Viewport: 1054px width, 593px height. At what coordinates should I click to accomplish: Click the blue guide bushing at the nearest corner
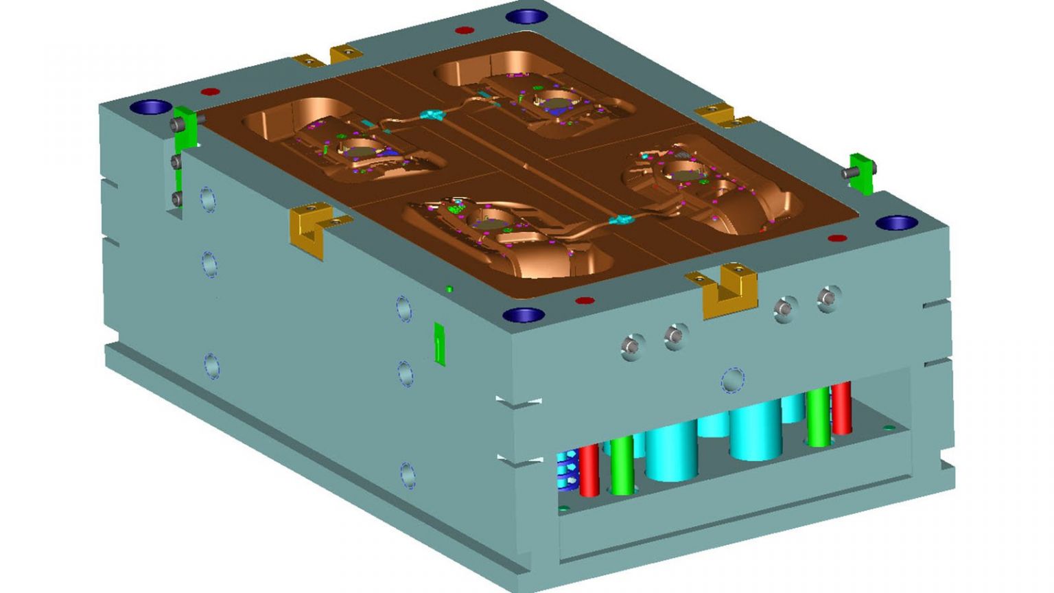click(524, 315)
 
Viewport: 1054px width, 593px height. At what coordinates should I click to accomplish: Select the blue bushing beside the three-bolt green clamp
click(150, 107)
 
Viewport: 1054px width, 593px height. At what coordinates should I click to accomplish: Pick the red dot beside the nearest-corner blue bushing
click(584, 301)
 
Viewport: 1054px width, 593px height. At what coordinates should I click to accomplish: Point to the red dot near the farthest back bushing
click(465, 30)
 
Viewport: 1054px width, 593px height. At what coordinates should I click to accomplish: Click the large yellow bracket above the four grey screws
click(729, 291)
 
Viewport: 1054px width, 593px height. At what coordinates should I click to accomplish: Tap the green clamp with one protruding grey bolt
click(861, 173)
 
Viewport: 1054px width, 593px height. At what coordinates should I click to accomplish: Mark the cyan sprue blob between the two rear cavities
click(433, 114)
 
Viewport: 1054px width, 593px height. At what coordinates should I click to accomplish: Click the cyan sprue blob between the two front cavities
click(624, 220)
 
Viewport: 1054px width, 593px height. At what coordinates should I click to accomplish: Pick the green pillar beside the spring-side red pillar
click(622, 465)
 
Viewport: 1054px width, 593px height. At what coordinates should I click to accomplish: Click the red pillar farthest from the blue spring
click(841, 408)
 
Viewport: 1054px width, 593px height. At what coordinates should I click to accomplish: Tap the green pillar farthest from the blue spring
click(818, 417)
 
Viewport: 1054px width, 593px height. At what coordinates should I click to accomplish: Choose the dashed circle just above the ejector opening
click(732, 380)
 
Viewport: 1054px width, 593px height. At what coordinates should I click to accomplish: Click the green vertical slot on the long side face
click(440, 343)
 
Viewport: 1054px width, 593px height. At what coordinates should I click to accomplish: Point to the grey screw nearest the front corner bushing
click(632, 347)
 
